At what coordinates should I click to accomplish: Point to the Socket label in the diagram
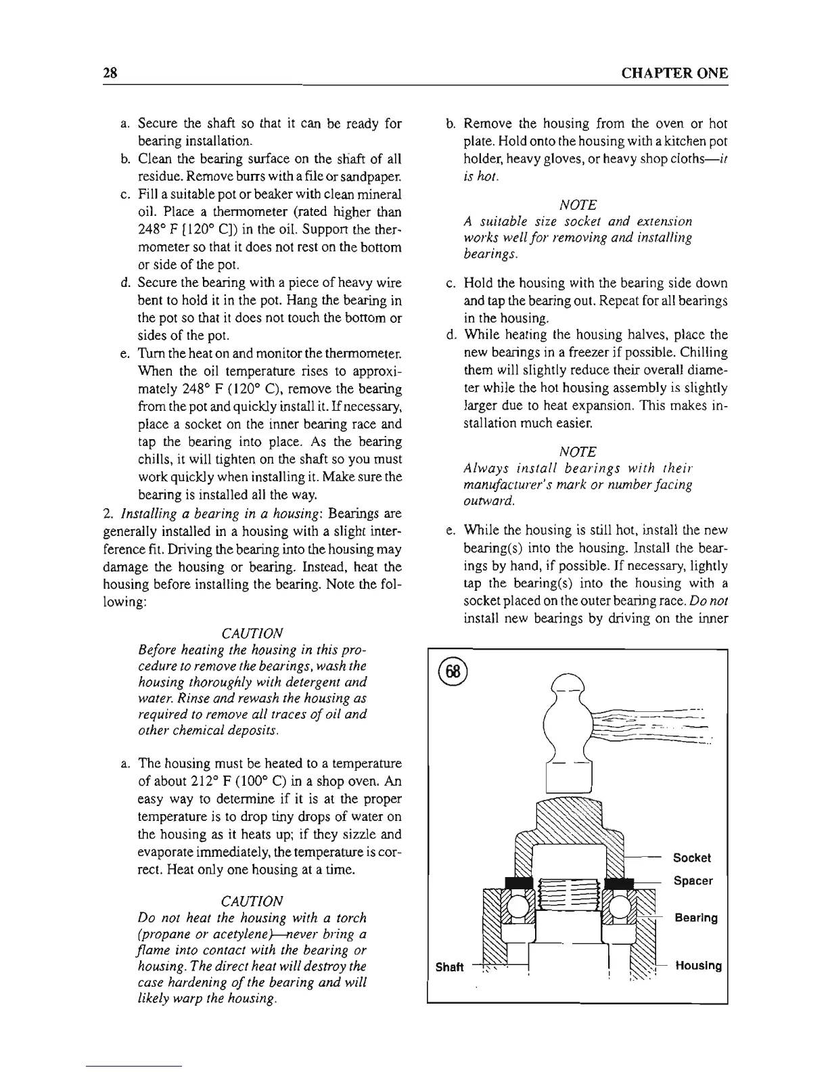coord(691,857)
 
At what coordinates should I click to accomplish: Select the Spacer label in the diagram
coord(693,880)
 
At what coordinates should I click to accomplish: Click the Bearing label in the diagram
coord(696,918)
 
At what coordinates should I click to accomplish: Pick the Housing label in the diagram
coord(697,966)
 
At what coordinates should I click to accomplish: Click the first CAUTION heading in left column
coord(252,633)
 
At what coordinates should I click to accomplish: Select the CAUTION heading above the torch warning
coord(252,901)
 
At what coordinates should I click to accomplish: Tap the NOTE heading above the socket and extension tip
coord(578,204)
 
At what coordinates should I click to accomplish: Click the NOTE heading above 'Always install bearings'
coord(578,451)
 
